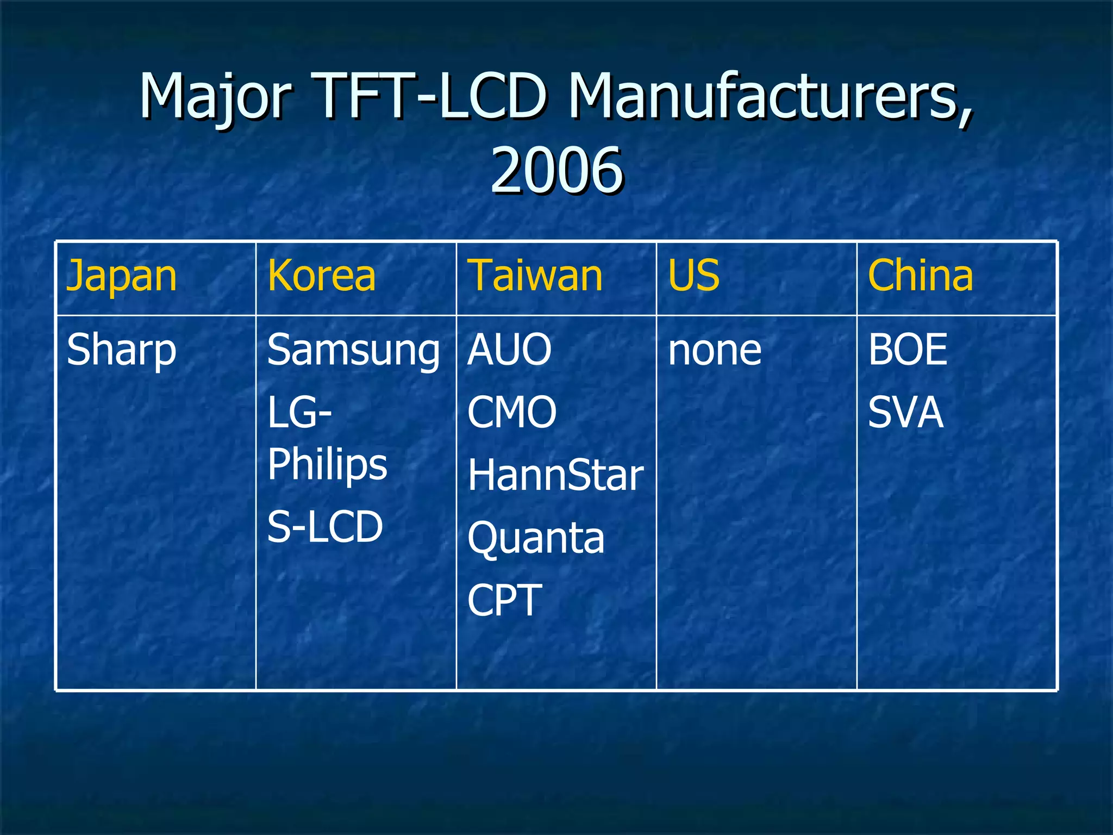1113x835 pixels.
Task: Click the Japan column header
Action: click(122, 276)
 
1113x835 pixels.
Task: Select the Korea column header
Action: click(321, 276)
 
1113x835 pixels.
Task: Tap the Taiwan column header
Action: click(536, 276)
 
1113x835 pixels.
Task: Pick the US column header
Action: click(693, 276)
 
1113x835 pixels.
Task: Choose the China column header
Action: click(920, 276)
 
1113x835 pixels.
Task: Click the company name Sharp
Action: click(122, 351)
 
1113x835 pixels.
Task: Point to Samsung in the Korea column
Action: click(353, 351)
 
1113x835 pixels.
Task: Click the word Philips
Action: click(327, 465)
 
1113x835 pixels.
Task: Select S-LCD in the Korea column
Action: click(325, 527)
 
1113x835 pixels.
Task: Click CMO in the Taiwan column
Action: click(512, 412)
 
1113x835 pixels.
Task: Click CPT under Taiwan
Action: click(505, 600)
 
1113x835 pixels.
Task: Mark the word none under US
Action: click(714, 351)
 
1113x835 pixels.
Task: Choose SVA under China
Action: click(905, 412)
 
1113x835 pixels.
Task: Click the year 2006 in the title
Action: click(556, 171)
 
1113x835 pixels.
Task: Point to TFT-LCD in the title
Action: click(429, 97)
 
